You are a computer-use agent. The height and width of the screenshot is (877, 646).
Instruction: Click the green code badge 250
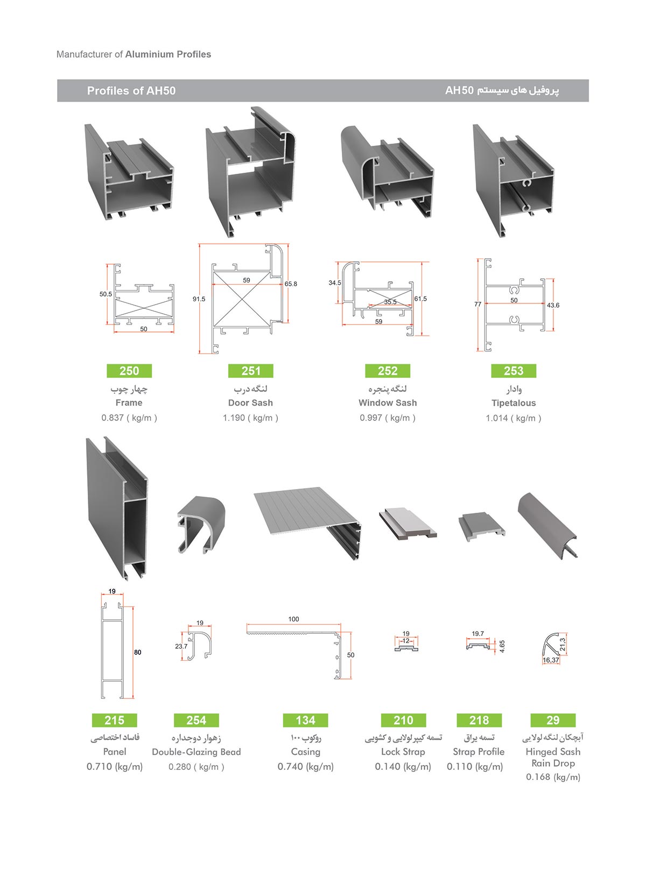[129, 371]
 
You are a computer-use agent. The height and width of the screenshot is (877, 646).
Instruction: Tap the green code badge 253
[514, 371]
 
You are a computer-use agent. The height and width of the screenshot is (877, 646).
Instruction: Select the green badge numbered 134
[305, 720]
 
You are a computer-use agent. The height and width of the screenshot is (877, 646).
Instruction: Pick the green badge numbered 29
[553, 720]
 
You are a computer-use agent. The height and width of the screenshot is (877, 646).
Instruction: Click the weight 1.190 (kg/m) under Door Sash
[250, 418]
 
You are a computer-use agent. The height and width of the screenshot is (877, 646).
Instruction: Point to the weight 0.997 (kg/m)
[388, 418]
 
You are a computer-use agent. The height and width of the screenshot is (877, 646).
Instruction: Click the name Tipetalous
[514, 403]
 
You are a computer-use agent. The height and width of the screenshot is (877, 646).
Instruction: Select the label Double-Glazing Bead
[196, 752]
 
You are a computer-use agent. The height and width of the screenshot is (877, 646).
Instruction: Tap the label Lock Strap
[403, 752]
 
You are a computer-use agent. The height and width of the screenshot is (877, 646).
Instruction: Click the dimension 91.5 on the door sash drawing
[199, 299]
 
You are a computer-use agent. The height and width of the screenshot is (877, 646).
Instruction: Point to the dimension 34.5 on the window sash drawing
[335, 283]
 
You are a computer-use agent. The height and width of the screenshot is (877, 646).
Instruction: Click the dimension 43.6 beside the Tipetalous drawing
[553, 306]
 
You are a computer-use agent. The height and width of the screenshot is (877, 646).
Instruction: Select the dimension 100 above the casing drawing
[293, 619]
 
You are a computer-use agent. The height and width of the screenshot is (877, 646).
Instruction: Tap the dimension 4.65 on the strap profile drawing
[502, 646]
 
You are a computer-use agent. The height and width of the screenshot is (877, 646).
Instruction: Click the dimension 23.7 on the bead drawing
[181, 646]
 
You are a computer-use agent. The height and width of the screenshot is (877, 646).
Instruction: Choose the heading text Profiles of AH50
[131, 91]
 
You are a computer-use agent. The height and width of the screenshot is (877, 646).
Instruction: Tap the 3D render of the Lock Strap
[408, 524]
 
